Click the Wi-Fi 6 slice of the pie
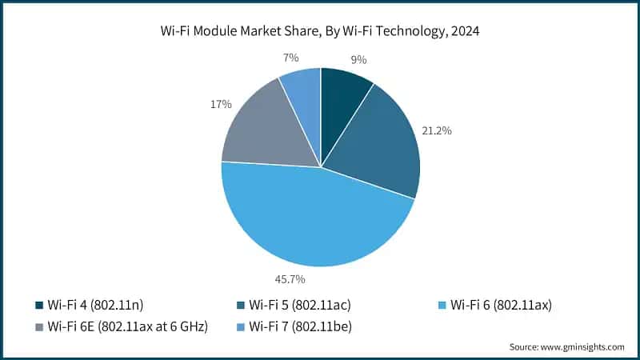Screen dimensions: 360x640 [312, 220]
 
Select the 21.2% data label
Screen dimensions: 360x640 [438, 130]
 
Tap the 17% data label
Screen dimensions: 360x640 [222, 104]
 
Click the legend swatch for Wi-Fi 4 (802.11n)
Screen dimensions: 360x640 [39, 304]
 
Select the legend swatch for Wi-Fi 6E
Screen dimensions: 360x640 [39, 326]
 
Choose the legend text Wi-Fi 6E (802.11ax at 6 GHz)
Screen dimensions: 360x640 [128, 326]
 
